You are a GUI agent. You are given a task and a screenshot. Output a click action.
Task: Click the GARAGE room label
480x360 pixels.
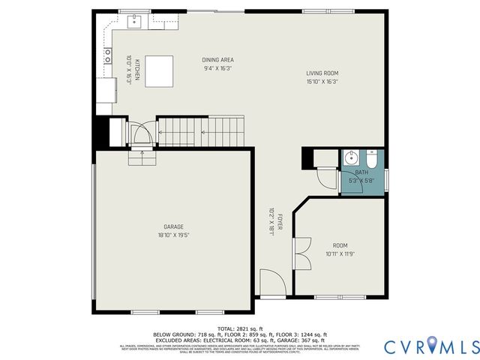coord(174,226)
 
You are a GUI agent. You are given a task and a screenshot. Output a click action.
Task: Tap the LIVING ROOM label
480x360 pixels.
coord(322,73)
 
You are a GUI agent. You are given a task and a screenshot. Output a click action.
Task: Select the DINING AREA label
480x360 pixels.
coord(217,60)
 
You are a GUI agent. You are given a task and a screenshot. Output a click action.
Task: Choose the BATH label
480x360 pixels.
coord(361,172)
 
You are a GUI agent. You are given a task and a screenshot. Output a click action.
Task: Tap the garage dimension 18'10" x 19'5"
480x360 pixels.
coord(174,235)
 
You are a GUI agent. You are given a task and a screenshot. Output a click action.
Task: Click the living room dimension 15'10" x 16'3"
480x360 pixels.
coord(322,82)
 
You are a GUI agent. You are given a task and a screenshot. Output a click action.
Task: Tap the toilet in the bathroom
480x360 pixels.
coord(372,159)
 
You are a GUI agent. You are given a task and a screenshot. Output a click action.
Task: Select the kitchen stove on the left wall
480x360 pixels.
coord(108,55)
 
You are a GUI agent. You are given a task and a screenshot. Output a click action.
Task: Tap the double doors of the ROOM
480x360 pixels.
coord(301,253)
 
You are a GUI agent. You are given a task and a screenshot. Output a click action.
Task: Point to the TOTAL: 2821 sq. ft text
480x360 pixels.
coord(240,328)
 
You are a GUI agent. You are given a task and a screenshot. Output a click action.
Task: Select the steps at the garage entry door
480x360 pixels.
coord(140,157)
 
